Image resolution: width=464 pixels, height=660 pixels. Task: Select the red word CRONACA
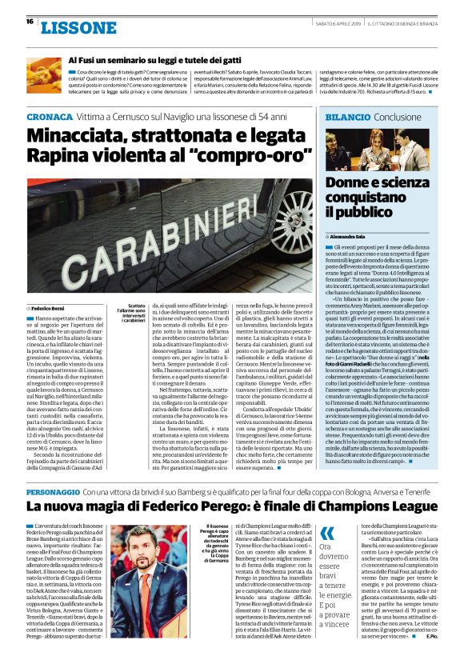pyautogui.click(x=48, y=117)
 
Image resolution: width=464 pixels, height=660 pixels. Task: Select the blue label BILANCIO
pyautogui.click(x=347, y=117)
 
